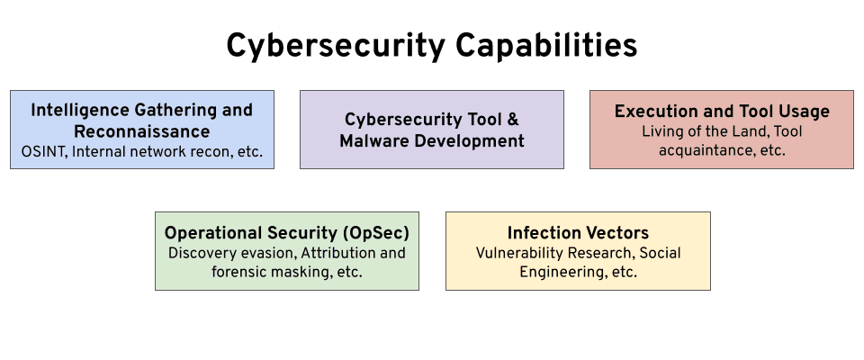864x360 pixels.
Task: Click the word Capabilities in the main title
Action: click(x=541, y=46)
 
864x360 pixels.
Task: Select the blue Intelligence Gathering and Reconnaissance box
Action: click(x=142, y=130)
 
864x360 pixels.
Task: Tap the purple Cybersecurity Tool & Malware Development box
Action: click(x=432, y=130)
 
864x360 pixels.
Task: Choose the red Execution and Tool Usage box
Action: click(x=722, y=130)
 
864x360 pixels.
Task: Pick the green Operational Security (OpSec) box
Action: click(x=287, y=251)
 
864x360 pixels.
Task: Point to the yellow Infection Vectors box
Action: click(x=578, y=251)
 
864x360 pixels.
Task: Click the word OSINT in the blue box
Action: click(x=41, y=151)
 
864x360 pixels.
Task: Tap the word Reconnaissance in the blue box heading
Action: click(x=142, y=131)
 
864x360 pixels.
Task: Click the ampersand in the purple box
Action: click(x=512, y=119)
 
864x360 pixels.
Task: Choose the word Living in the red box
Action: click(x=662, y=131)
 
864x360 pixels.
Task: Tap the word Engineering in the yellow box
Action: click(x=561, y=272)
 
